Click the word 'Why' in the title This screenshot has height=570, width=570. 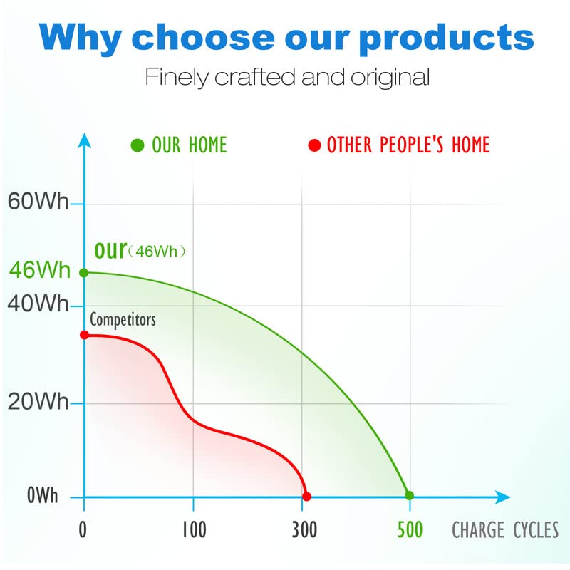point(81,38)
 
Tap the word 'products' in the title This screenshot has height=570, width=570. point(447,38)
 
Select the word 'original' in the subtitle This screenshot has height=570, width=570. point(390,78)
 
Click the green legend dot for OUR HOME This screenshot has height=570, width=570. point(138,145)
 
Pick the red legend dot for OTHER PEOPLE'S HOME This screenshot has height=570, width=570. point(314,145)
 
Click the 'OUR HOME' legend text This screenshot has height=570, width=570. point(190,145)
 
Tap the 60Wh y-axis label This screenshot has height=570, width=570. point(38,201)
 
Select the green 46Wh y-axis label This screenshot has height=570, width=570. point(40,270)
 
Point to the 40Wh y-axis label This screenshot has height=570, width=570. point(38,304)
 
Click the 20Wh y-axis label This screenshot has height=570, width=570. point(38,402)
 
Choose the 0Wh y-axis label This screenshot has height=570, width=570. point(43,495)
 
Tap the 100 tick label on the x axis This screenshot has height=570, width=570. point(194,529)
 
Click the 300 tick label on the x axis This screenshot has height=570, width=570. point(305,529)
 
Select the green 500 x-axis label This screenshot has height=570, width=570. point(410,529)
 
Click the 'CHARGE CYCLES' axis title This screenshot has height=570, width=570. point(505,529)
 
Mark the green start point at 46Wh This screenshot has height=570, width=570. point(84,273)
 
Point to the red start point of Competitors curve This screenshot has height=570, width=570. point(84,335)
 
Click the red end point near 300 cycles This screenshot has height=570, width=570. point(306,496)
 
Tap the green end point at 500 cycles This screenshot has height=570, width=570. point(409,495)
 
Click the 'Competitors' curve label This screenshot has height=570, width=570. point(123,320)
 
